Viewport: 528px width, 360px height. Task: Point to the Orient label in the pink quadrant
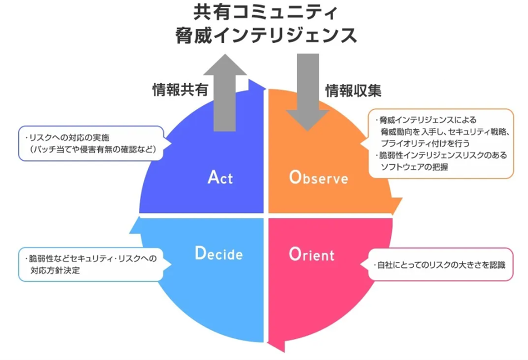tap(311, 255)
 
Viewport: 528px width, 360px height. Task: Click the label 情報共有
tap(179, 90)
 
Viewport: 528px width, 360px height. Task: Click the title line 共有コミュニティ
tap(264, 12)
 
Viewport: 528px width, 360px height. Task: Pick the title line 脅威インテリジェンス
tap(264, 35)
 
